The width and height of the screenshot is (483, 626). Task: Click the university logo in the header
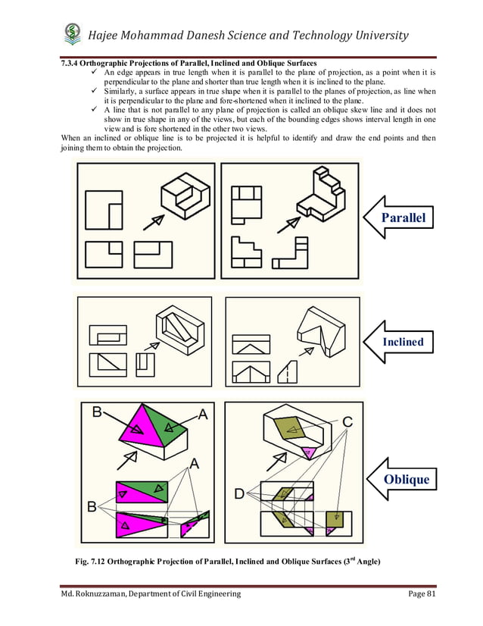point(73,34)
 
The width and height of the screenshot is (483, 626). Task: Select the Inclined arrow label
point(402,342)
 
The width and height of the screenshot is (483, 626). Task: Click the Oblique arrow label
point(406,479)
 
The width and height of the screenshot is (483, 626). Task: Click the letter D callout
point(239,494)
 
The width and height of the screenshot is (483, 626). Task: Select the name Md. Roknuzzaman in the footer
point(98,593)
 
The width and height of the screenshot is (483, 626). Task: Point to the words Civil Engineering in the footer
point(207,593)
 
